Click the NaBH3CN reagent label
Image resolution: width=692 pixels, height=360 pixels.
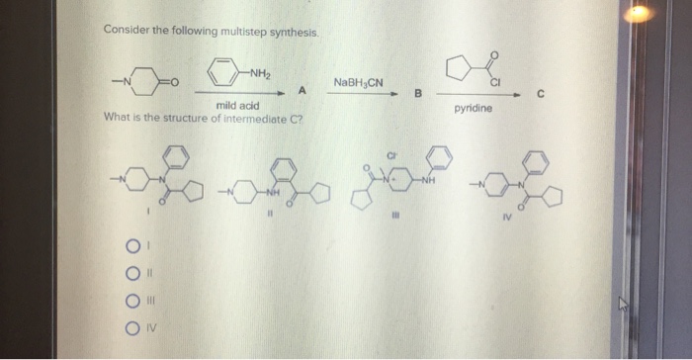pyautogui.click(x=357, y=82)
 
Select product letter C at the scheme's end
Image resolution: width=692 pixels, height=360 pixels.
pyautogui.click(x=541, y=93)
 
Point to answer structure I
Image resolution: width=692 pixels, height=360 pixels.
pyautogui.click(x=148, y=183)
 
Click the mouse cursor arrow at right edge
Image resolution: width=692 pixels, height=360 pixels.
pyautogui.click(x=624, y=305)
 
